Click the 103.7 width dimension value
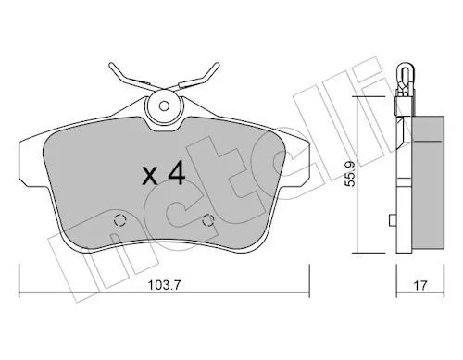[x=164, y=285]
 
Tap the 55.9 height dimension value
[x=350, y=174]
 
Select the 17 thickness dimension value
[x=420, y=285]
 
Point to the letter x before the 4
[x=151, y=177]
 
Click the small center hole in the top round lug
[x=164, y=106]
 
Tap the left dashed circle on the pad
[x=119, y=220]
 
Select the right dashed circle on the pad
[x=208, y=220]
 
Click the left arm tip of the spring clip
[x=112, y=65]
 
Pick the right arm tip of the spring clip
[x=217, y=65]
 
